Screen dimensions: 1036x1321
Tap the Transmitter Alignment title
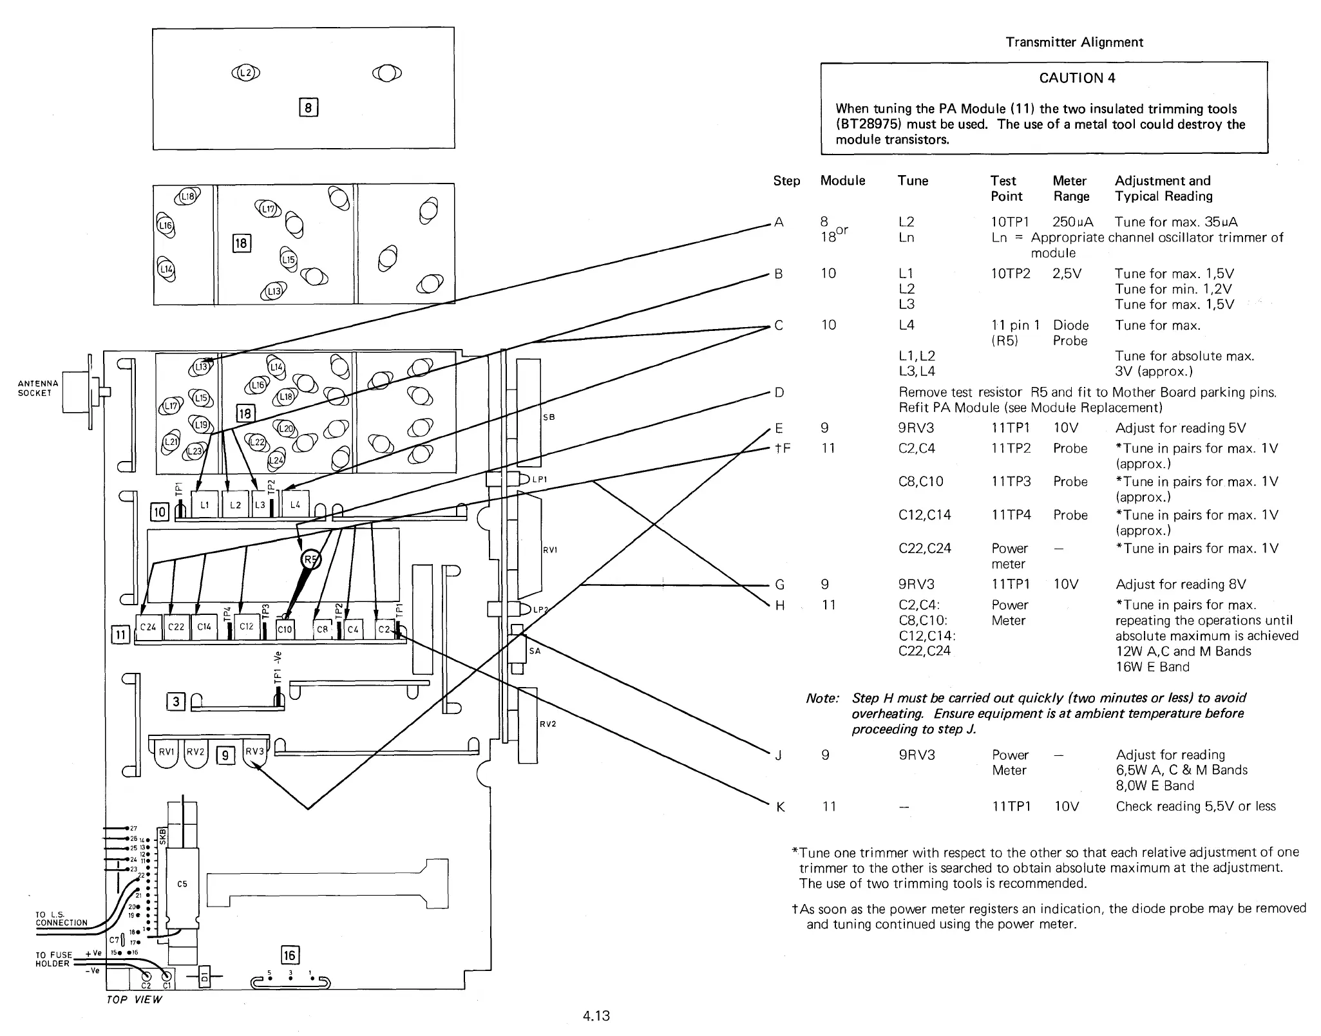(x=1074, y=42)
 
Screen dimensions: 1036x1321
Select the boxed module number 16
(x=290, y=955)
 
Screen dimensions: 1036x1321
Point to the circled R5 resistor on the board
(x=311, y=560)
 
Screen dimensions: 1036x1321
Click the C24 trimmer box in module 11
(x=148, y=626)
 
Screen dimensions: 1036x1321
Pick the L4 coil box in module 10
(x=295, y=504)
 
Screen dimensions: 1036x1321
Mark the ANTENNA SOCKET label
(x=38, y=388)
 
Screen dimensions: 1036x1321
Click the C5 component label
(x=182, y=884)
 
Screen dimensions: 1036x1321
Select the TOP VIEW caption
(x=134, y=999)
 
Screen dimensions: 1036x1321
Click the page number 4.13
(x=596, y=1016)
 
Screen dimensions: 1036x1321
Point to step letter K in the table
(x=780, y=807)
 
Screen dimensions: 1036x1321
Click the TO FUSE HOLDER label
(x=53, y=959)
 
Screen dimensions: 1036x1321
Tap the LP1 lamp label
(x=539, y=479)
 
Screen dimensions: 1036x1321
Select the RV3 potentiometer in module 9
(x=254, y=752)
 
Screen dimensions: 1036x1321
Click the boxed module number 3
(x=175, y=702)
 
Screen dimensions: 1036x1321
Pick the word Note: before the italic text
(x=822, y=699)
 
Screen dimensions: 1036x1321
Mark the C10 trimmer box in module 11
(x=285, y=629)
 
